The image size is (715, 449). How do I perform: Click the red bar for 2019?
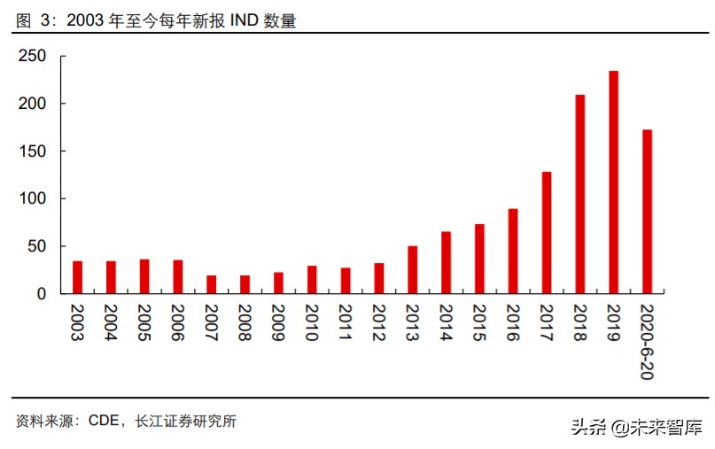coord(613,182)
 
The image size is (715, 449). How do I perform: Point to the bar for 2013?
coord(412,269)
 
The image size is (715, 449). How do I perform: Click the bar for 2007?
coord(211,283)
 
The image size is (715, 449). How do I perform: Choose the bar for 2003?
coord(77,276)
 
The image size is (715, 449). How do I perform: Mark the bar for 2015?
coord(479,258)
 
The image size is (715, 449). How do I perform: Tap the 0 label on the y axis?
coord(41,293)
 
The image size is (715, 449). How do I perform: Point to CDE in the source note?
coord(105,422)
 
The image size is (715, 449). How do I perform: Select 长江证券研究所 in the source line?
coord(185,422)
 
